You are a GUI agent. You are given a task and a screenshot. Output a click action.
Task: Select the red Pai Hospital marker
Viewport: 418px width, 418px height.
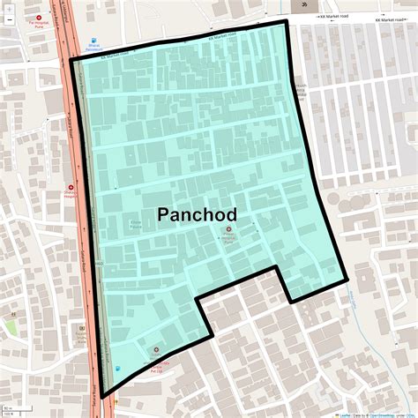tap(39, 17)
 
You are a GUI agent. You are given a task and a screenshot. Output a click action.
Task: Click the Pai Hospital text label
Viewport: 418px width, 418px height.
tap(39, 26)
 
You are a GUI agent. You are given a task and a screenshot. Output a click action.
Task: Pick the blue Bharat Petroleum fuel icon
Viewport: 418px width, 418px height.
tap(93, 40)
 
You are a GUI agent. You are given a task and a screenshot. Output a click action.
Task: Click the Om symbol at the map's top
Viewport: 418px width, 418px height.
tap(305, 4)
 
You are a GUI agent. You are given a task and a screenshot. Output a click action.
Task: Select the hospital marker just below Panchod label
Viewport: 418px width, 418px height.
tap(229, 230)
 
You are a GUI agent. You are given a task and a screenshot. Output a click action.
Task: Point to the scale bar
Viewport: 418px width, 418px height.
tap(8, 410)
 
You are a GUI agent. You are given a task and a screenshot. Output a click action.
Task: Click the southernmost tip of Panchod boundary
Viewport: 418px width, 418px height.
tap(103, 396)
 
